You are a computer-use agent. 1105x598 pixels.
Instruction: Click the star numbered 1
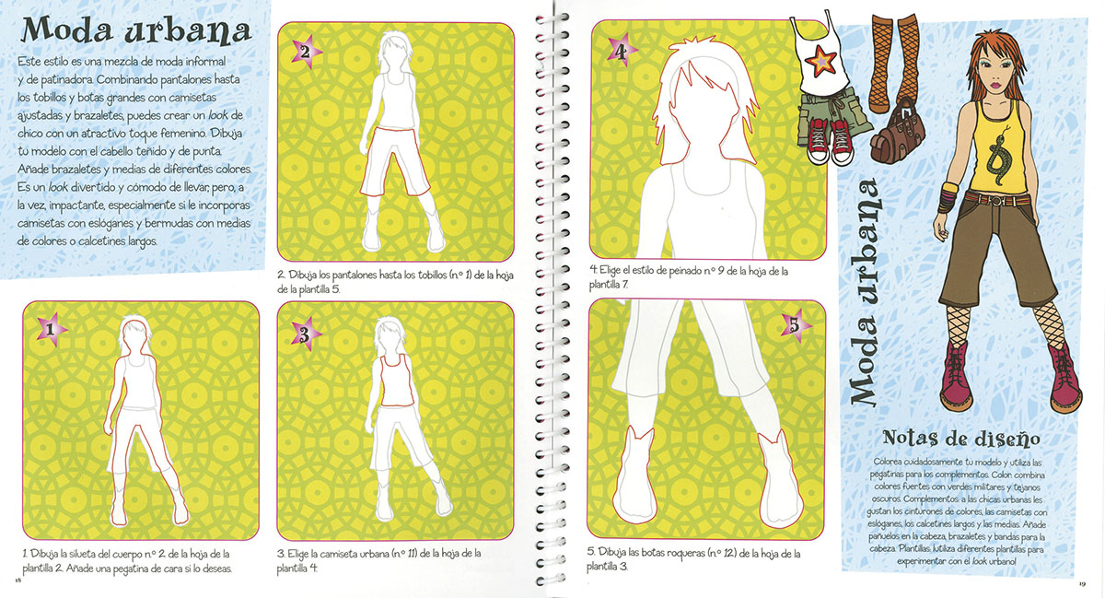click(51, 329)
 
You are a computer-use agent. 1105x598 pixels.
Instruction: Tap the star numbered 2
click(306, 52)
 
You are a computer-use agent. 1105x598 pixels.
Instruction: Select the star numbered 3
click(306, 334)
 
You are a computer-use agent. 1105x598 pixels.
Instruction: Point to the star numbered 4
click(622, 51)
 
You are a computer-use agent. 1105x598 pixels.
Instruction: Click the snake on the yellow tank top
click(999, 155)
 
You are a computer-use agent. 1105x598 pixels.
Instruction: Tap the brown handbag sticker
click(897, 133)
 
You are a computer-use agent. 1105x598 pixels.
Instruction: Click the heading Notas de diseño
click(961, 438)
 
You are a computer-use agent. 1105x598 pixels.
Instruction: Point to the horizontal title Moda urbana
click(136, 30)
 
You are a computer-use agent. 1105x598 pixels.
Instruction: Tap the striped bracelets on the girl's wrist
click(948, 196)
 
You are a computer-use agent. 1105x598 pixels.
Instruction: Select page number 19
click(1082, 584)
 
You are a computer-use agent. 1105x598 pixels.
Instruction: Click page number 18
click(18, 580)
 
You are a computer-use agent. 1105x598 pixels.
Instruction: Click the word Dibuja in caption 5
click(612, 553)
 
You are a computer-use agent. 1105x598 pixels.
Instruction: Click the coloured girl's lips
click(997, 86)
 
